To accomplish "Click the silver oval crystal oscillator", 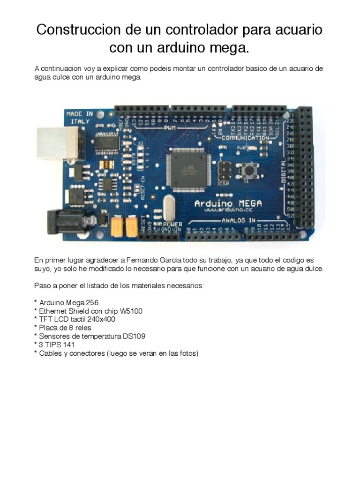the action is point(168,207).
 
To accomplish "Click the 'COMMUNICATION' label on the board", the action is point(245,138).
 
